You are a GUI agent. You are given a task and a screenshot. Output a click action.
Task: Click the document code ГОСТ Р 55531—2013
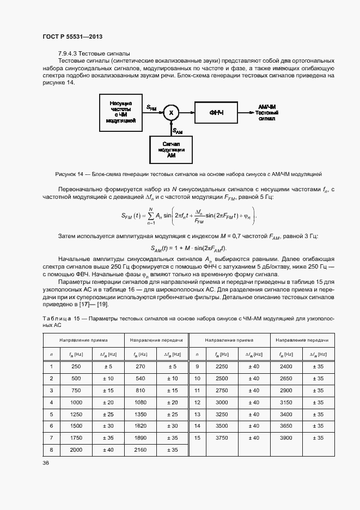(x=72, y=36)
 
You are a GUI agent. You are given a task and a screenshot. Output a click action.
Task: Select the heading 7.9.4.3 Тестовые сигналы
(x=94, y=53)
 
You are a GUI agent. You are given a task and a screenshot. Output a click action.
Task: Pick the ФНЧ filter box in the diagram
(x=216, y=112)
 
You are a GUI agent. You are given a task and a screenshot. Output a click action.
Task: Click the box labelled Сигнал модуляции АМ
(x=171, y=149)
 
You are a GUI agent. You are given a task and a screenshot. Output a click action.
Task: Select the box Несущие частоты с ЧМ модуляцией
(x=121, y=112)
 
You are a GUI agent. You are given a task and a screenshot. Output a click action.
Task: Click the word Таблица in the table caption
(x=56, y=318)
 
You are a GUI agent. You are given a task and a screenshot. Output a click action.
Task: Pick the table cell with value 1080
(x=140, y=402)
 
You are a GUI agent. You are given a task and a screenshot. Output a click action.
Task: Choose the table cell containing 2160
(x=140, y=450)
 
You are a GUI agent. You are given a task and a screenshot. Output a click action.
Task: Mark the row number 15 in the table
(x=197, y=438)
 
